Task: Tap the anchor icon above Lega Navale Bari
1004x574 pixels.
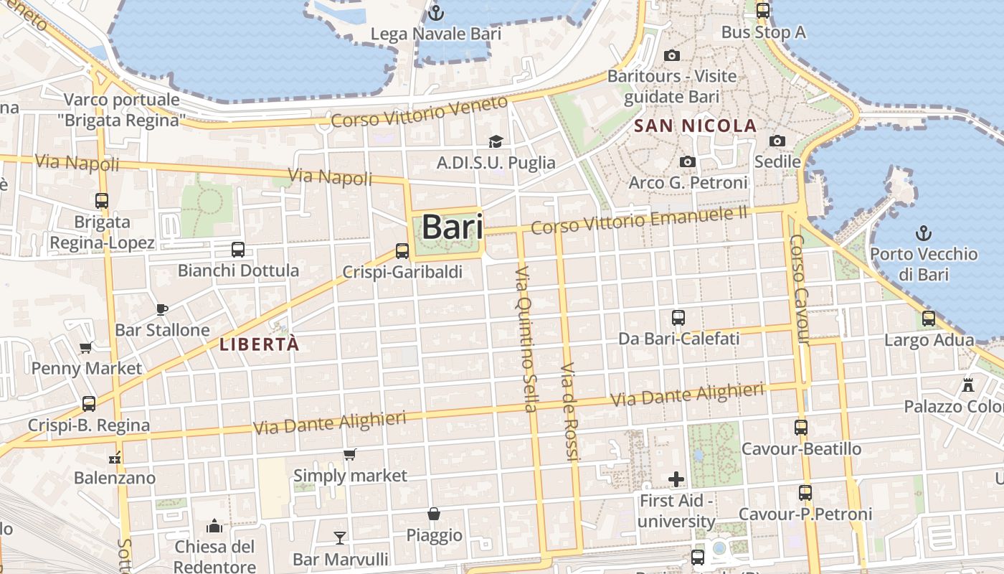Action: [x=435, y=13]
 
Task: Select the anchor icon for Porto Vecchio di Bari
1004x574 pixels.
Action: [x=924, y=232]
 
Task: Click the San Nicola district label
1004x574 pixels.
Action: [x=696, y=126]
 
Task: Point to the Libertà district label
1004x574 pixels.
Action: [x=259, y=344]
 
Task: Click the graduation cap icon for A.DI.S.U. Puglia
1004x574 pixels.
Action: [x=496, y=141]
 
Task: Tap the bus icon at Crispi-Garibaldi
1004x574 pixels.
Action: [x=402, y=251]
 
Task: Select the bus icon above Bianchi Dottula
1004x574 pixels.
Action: [x=238, y=250]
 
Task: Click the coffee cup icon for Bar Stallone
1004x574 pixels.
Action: [x=162, y=309]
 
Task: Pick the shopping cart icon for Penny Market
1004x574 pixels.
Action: [x=86, y=348]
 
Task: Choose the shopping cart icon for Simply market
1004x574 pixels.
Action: [x=350, y=454]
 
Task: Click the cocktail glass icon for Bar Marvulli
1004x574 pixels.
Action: [x=340, y=537]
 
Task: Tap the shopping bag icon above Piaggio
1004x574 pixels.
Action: [x=434, y=514]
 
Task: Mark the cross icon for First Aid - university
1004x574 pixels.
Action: [x=676, y=479]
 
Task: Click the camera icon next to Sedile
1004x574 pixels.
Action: [x=777, y=141]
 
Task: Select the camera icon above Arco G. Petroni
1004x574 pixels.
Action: [x=688, y=161]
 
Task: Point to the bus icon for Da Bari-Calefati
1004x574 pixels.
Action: [x=678, y=317]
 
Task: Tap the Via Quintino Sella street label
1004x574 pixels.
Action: [x=526, y=339]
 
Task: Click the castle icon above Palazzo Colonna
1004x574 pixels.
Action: [x=968, y=385]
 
